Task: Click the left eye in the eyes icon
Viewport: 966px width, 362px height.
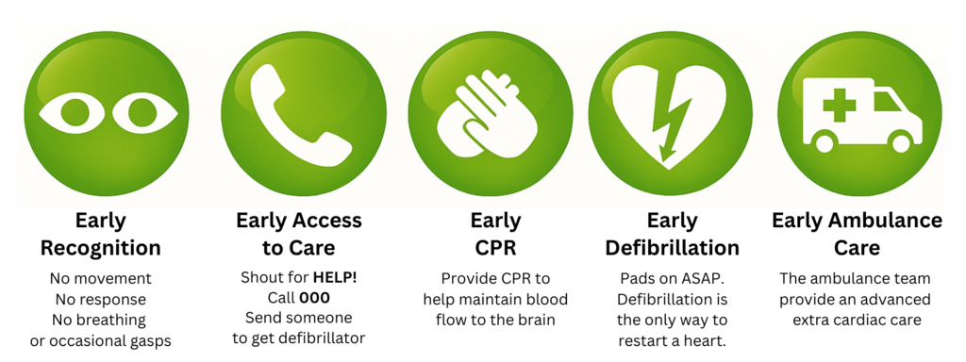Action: [x=74, y=113]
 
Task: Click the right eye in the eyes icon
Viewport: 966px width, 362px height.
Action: [x=143, y=113]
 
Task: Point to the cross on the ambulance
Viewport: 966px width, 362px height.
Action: [x=839, y=105]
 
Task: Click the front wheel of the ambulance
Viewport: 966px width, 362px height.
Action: [x=900, y=143]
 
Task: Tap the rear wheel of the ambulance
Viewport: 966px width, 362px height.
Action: [x=824, y=143]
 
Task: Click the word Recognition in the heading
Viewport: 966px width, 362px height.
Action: [x=100, y=248]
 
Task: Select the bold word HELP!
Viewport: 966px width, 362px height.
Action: [x=334, y=278]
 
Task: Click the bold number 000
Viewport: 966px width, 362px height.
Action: [x=315, y=298]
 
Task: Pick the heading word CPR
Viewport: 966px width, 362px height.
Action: [x=495, y=248]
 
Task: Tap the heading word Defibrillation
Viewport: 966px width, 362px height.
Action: [x=672, y=248]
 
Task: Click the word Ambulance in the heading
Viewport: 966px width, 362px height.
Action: [x=885, y=221]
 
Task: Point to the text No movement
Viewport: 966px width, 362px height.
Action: [x=100, y=278]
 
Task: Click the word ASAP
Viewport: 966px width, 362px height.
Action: [x=704, y=278]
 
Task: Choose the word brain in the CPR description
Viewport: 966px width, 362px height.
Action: [x=537, y=321]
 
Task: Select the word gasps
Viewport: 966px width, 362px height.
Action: [x=152, y=340]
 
